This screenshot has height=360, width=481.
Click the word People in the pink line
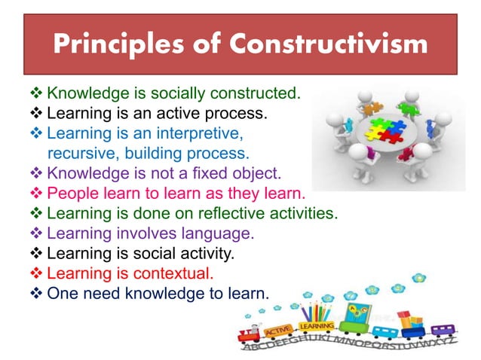[70, 193]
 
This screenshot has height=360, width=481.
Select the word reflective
[222, 212]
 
